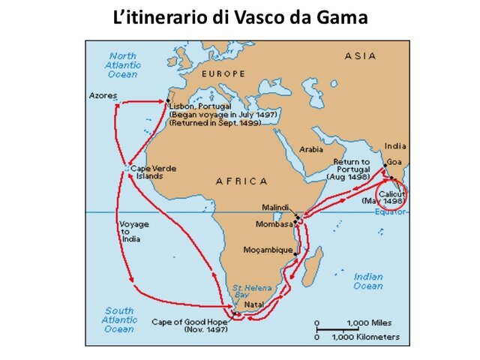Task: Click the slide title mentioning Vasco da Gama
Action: pyautogui.click(x=240, y=16)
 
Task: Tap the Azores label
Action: pyautogui.click(x=103, y=95)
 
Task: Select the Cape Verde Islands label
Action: pyautogui.click(x=153, y=172)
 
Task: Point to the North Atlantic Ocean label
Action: pyautogui.click(x=124, y=65)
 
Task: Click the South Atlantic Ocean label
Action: pyautogui.click(x=119, y=319)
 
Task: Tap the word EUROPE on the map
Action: pyautogui.click(x=223, y=73)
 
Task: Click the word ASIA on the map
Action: pyautogui.click(x=360, y=56)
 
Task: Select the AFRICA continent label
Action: pyautogui.click(x=241, y=181)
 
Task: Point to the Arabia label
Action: pyautogui.click(x=310, y=148)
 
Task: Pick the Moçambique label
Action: pyautogui.click(x=267, y=249)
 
